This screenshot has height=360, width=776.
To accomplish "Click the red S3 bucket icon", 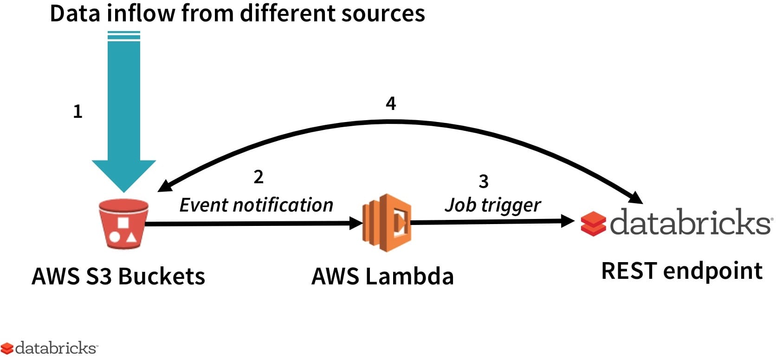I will (123, 225).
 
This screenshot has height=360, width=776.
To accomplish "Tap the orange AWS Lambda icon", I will (387, 223).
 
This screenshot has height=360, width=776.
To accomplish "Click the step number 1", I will (78, 111).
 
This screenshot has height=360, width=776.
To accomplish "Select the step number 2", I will (259, 177).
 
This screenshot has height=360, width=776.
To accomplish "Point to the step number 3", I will (484, 181).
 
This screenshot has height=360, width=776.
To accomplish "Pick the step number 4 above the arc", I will (391, 103).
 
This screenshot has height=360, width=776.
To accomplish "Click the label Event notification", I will (256, 205).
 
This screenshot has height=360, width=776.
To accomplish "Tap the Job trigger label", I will (493, 205).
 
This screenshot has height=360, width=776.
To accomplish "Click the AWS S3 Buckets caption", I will (118, 276).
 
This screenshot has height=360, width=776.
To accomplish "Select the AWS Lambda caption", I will (383, 276).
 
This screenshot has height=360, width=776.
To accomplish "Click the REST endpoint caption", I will (682, 271).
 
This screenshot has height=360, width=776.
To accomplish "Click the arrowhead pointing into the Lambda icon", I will (356, 223).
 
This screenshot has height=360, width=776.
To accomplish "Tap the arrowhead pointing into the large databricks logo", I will (568, 221).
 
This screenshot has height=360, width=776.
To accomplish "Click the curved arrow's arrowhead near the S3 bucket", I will (165, 186).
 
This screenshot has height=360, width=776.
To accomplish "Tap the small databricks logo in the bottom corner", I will (49, 348).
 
